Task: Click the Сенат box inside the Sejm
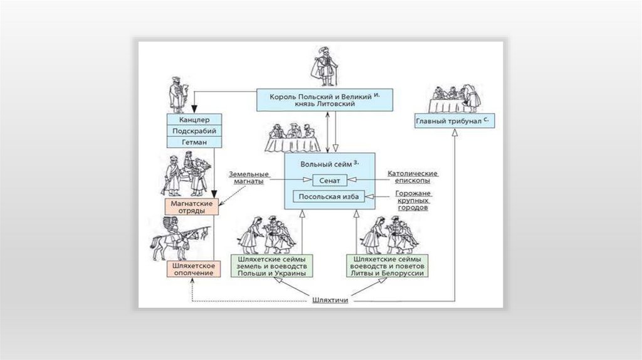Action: (329, 181)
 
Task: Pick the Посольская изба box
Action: (329, 198)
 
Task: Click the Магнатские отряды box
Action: (192, 208)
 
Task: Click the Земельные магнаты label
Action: (249, 177)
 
